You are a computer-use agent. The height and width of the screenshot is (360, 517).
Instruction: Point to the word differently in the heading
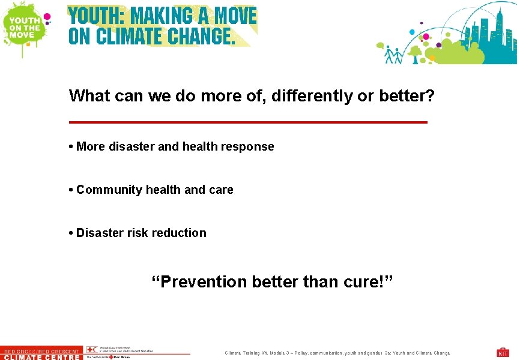pyautogui.click(x=312, y=96)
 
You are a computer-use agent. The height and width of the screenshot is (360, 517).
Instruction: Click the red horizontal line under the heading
pyautogui.click(x=248, y=122)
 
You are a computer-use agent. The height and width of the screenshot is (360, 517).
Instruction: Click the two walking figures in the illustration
pyautogui.click(x=394, y=55)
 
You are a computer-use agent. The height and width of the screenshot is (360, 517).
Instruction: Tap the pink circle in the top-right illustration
pyautogui.click(x=426, y=37)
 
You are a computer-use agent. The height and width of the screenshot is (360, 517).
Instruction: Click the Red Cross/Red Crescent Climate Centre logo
pyautogui.click(x=41, y=354)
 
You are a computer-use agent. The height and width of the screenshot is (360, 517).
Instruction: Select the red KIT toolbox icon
pyautogui.click(x=503, y=352)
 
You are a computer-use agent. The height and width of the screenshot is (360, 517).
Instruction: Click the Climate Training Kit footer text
pyautogui.click(x=337, y=353)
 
